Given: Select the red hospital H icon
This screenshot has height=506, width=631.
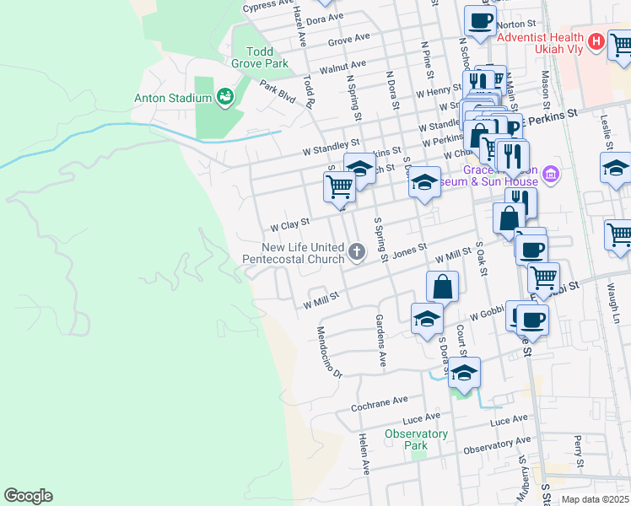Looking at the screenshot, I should click(x=596, y=40).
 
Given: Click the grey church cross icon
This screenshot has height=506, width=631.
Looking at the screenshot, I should click(x=357, y=250).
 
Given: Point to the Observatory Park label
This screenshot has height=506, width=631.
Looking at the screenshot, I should click(x=416, y=439).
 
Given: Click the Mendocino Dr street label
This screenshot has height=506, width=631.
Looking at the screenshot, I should click(x=330, y=352).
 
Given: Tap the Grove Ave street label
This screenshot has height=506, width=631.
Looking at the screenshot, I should click(x=349, y=39).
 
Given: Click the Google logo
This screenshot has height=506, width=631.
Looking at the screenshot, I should click(x=28, y=496).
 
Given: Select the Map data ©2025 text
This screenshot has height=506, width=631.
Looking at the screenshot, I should click(x=595, y=499).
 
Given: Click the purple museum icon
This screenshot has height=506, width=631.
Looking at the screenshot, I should click(x=552, y=175).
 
